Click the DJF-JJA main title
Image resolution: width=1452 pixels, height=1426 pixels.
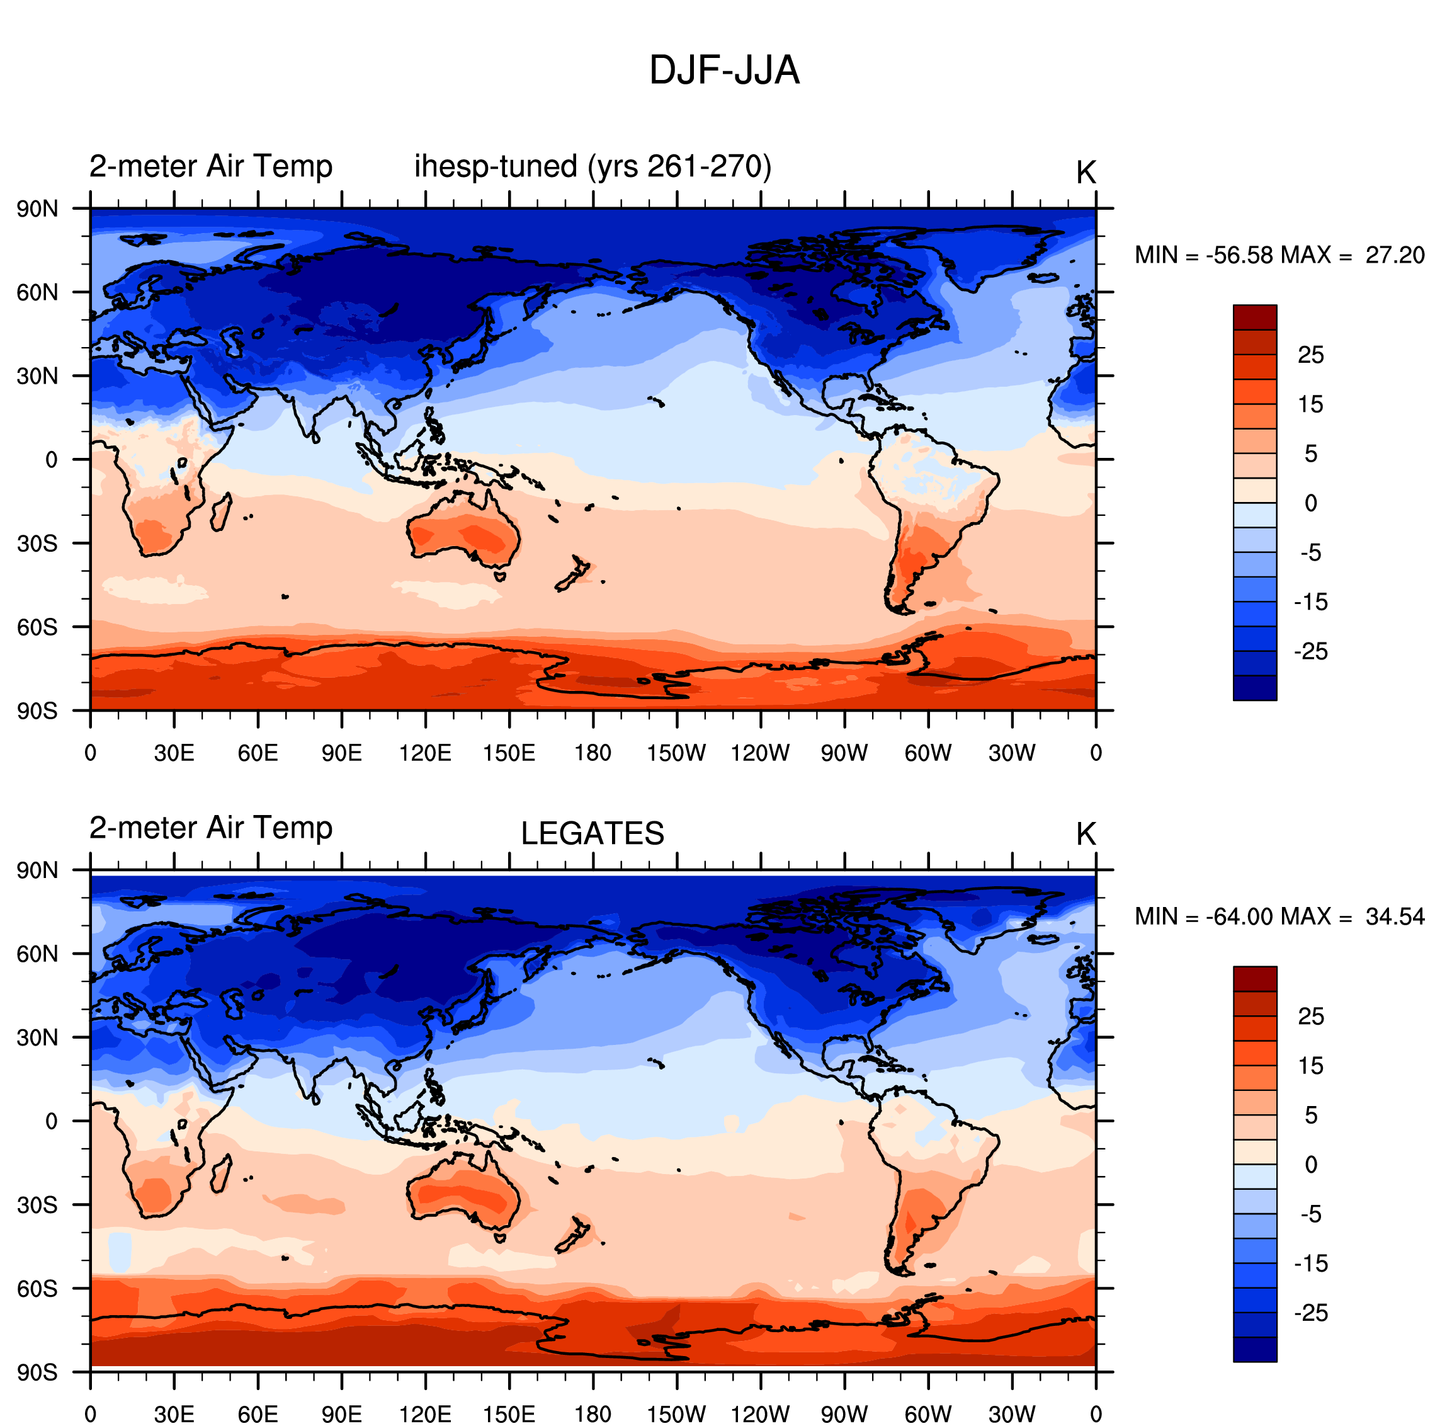point(724,71)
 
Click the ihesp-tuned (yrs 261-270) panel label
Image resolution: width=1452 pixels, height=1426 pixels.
point(593,166)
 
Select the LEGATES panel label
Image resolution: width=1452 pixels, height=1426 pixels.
point(593,833)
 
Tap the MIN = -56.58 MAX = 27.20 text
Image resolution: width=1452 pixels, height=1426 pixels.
point(1279,255)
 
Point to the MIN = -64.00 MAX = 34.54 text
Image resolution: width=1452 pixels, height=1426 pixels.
point(1279,916)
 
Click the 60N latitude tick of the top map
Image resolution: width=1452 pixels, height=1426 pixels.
point(37,292)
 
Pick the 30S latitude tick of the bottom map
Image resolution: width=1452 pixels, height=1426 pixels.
point(37,1204)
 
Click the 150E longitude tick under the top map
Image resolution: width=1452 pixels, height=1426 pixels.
point(509,753)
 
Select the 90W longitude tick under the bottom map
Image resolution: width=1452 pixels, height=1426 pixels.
point(844,1414)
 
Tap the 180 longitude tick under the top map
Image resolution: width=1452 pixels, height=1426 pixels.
point(593,753)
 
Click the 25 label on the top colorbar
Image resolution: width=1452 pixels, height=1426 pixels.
point(1310,355)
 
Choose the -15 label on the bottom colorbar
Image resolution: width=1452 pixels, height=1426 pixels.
point(1310,1263)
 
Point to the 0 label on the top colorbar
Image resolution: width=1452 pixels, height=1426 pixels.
point(1310,503)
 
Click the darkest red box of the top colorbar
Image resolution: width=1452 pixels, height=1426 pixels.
point(1255,317)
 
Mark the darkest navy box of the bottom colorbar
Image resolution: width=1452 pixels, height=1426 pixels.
point(1255,1350)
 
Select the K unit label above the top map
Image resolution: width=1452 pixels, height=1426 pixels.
point(1086,173)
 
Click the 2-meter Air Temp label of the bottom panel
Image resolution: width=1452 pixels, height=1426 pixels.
point(211,828)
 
